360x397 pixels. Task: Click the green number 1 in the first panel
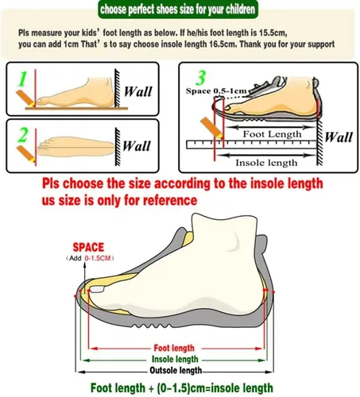(x=22, y=79)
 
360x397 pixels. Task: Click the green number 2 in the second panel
(x=23, y=135)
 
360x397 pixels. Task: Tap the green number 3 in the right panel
(x=201, y=78)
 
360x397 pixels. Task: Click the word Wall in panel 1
(x=138, y=91)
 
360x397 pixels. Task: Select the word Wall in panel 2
(x=137, y=146)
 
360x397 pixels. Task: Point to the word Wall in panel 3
(x=339, y=137)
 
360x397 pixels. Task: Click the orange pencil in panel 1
(x=25, y=98)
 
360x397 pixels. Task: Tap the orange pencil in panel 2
(x=26, y=154)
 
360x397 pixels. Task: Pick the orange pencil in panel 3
(x=211, y=128)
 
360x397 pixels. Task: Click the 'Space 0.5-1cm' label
(x=216, y=91)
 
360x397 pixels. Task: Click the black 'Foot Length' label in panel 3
(x=272, y=134)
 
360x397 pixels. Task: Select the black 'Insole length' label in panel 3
(x=266, y=163)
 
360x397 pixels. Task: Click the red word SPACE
(x=88, y=247)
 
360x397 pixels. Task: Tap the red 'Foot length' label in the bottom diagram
(x=174, y=348)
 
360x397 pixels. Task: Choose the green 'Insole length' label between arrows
(x=175, y=359)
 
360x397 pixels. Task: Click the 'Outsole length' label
(x=176, y=370)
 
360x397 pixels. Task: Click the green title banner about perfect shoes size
(x=178, y=10)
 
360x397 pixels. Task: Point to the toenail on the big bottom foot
(x=97, y=289)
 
